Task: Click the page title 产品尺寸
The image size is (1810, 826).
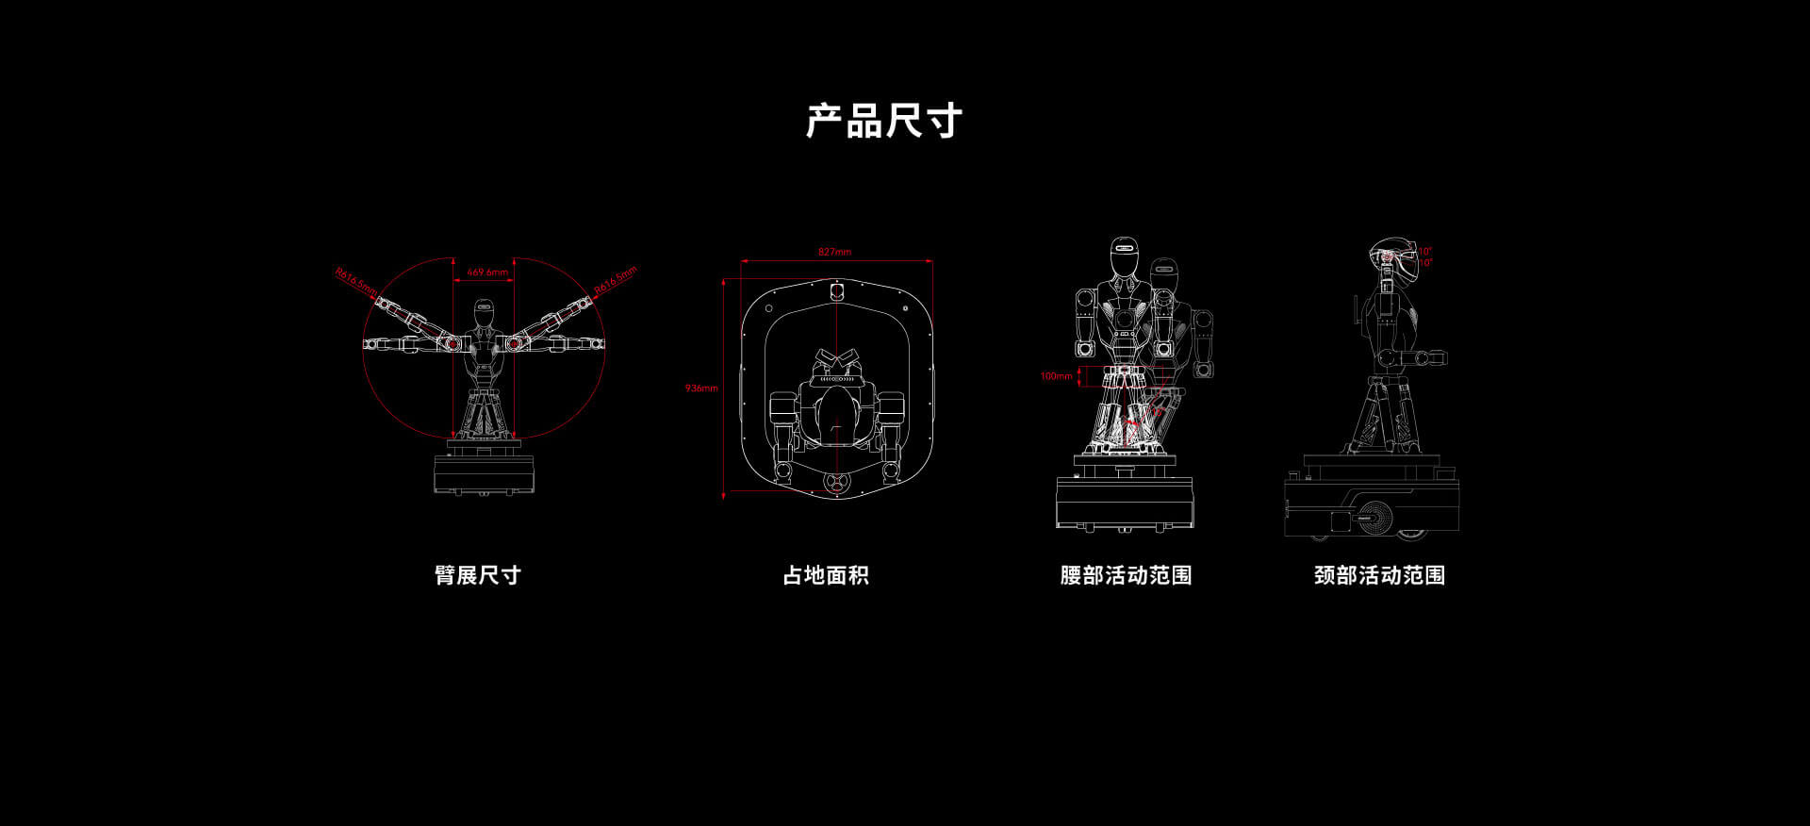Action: point(883,121)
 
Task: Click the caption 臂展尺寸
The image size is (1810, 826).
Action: point(478,575)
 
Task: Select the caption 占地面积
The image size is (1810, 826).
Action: point(826,575)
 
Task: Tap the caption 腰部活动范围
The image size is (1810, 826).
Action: point(1126,575)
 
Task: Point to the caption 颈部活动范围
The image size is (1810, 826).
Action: point(1379,575)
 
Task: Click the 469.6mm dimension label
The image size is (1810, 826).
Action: point(487,273)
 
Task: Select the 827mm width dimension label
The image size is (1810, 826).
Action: point(834,252)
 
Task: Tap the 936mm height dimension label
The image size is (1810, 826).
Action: point(701,388)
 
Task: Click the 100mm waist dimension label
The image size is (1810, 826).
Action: point(1056,376)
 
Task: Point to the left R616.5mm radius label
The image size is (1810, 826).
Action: point(355,280)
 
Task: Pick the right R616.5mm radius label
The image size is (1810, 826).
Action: point(616,278)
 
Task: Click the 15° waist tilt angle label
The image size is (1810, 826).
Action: point(1156,411)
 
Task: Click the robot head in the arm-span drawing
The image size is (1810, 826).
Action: point(484,312)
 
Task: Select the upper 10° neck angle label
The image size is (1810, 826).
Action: point(1425,251)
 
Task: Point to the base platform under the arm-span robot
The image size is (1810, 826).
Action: point(484,472)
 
